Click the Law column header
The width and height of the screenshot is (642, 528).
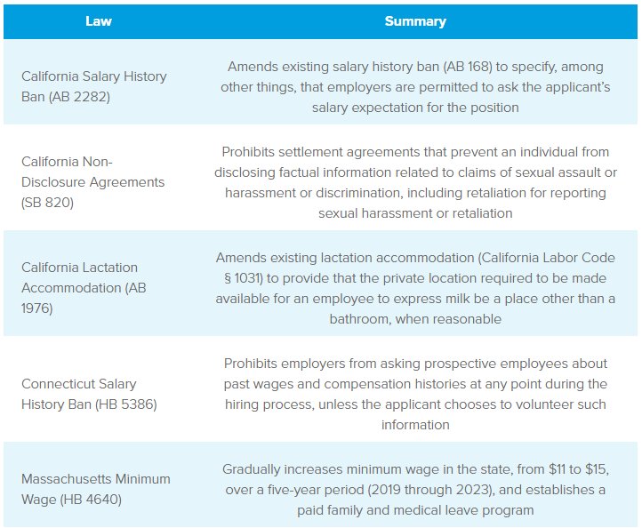99,20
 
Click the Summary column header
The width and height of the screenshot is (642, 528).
415,20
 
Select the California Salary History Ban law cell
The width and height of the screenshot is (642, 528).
94,86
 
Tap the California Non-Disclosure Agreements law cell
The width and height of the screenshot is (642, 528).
93,181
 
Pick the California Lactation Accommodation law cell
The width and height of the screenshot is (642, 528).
84,287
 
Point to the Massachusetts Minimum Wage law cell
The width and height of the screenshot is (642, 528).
95,489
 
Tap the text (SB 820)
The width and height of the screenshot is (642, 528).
48,202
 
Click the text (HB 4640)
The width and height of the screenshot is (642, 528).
91,500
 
